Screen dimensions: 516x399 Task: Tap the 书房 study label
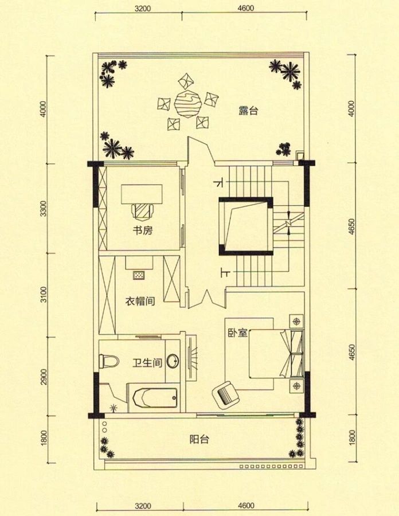(143, 230)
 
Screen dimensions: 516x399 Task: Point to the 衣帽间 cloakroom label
(140, 302)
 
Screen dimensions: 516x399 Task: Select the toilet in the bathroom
(108, 361)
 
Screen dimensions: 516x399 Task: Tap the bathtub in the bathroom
(152, 397)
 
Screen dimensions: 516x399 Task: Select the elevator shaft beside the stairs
(245, 226)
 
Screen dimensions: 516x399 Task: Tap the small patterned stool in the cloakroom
(139, 275)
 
